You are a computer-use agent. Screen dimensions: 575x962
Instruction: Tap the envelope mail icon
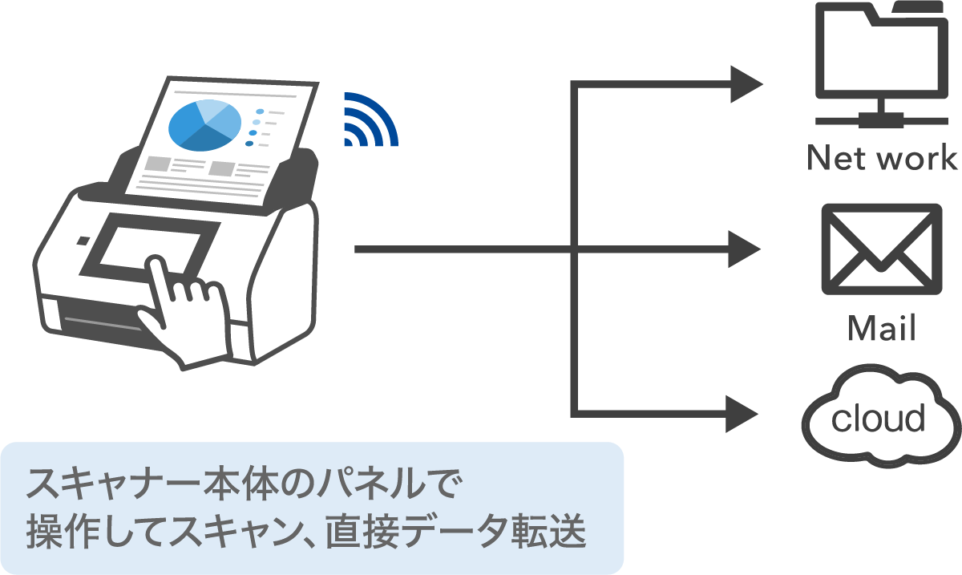pyautogui.click(x=879, y=249)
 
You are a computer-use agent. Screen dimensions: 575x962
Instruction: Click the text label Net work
pyautogui.click(x=882, y=158)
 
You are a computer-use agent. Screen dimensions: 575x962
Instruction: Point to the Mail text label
pyautogui.click(x=881, y=328)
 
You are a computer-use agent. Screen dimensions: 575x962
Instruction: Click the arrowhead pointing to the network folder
pyautogui.click(x=746, y=83)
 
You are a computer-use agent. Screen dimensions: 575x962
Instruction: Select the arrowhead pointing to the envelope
pyautogui.click(x=746, y=250)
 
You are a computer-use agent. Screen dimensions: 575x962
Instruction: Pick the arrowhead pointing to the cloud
pyautogui.click(x=744, y=414)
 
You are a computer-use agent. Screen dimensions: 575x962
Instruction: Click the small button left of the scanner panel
pyautogui.click(x=83, y=241)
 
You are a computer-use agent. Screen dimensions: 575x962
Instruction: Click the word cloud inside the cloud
pyautogui.click(x=879, y=418)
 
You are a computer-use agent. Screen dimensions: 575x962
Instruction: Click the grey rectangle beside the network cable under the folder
pyautogui.click(x=880, y=120)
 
